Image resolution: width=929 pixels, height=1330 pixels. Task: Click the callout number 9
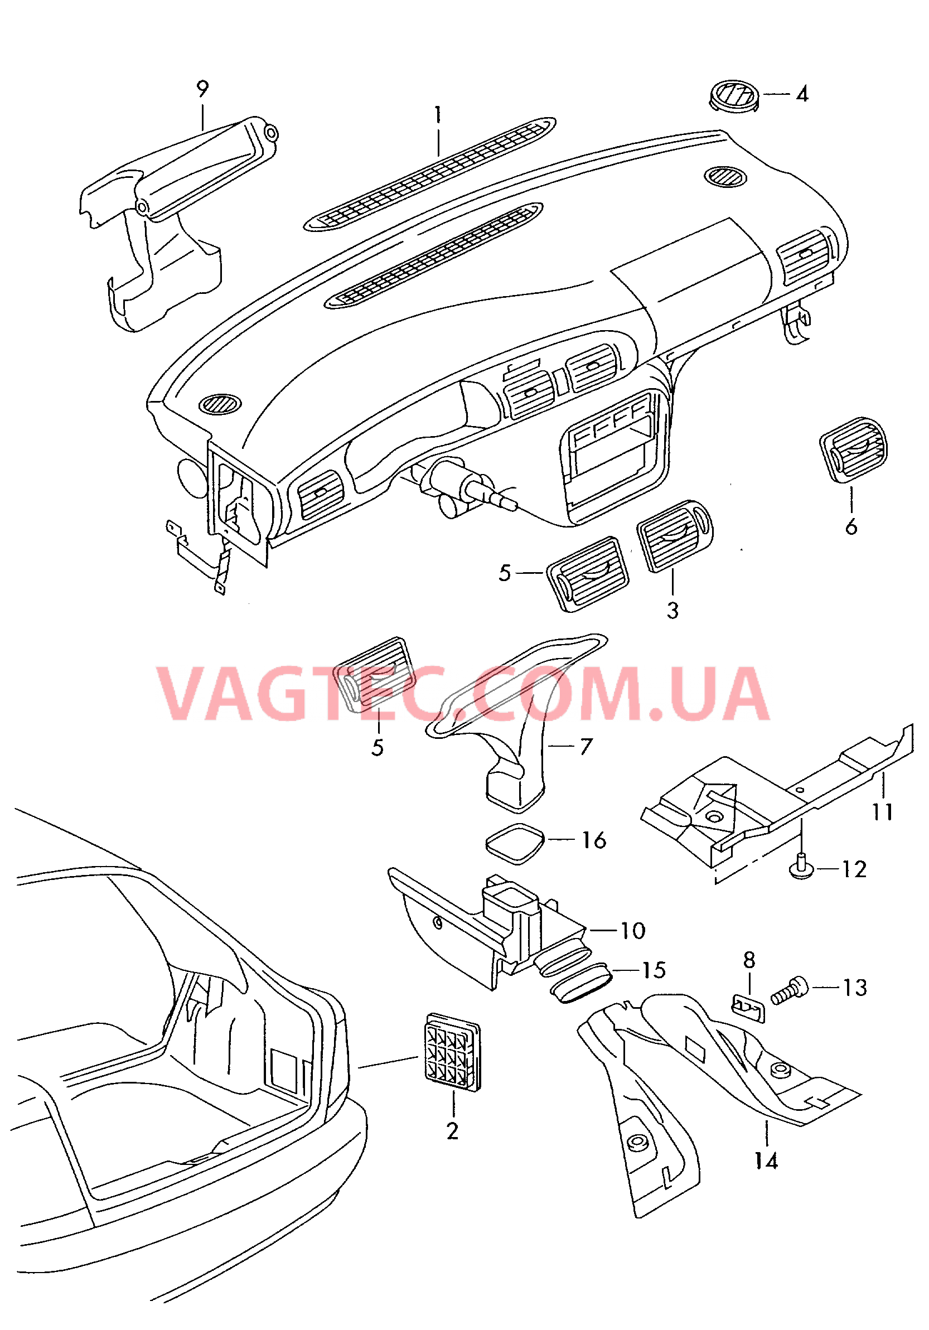[x=202, y=89]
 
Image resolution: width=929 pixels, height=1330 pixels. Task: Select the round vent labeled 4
[x=734, y=96]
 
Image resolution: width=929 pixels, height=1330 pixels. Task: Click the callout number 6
[x=851, y=526]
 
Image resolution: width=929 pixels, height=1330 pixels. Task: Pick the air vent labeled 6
[x=854, y=449]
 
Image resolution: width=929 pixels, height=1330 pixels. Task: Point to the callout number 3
[x=672, y=610]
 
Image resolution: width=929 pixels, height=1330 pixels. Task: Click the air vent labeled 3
[x=675, y=535]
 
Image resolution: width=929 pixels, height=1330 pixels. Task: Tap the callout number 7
[x=586, y=746]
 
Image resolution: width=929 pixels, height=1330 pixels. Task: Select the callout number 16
[x=594, y=840]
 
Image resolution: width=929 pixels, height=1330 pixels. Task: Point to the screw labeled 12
[x=801, y=869]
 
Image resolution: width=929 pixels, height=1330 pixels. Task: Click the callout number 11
[x=883, y=811]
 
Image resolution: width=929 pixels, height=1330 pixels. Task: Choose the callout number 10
[x=632, y=930]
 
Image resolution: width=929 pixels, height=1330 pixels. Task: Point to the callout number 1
[x=438, y=114]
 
